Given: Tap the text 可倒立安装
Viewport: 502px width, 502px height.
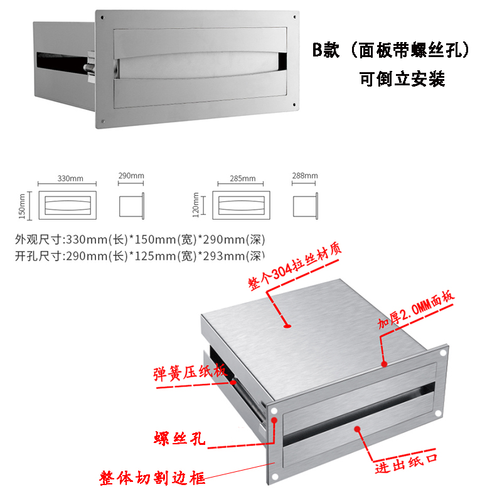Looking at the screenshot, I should (402, 80).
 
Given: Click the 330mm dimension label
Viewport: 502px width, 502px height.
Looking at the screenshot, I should (70, 179).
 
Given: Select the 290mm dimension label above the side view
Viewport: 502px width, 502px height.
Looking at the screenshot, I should (131, 176).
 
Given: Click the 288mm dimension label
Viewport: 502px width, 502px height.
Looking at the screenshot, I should (305, 176).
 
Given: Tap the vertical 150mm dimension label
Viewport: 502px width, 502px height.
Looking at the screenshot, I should (22, 206).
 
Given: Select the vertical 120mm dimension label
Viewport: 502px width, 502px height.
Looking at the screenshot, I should (196, 205).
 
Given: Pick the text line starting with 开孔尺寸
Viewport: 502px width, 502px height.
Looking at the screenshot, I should (139, 255).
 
